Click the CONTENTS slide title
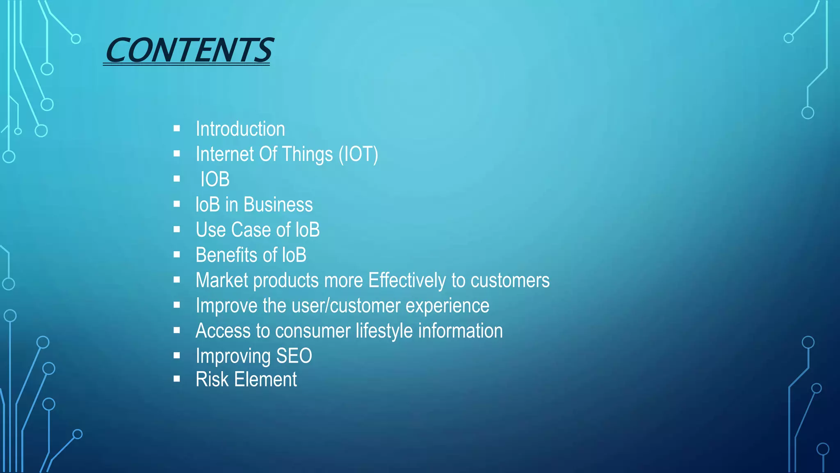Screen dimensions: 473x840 coord(189,51)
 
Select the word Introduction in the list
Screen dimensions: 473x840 coord(240,129)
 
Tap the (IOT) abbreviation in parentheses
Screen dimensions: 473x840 coord(358,154)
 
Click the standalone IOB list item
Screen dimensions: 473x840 coord(215,179)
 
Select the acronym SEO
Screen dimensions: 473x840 coord(294,356)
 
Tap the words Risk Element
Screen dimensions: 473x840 coord(246,379)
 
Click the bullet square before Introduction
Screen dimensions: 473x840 coord(177,129)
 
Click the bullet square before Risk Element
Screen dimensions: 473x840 coord(177,379)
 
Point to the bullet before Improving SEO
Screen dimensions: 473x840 coord(177,356)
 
